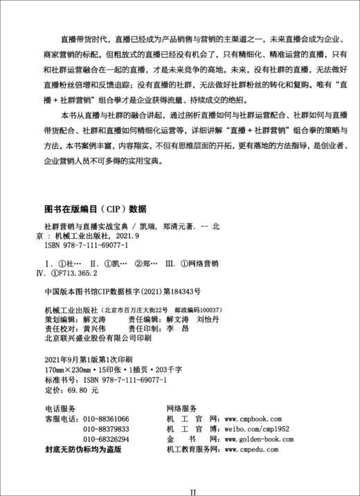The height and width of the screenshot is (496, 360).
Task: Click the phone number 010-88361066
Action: [106, 420]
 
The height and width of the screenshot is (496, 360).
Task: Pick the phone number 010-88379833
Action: [106, 430]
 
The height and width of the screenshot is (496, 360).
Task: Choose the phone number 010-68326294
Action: [106, 439]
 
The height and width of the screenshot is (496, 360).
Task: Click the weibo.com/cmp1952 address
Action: [255, 430]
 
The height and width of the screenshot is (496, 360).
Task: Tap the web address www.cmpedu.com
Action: [266, 449]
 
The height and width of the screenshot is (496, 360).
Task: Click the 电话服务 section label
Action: [60, 410]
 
